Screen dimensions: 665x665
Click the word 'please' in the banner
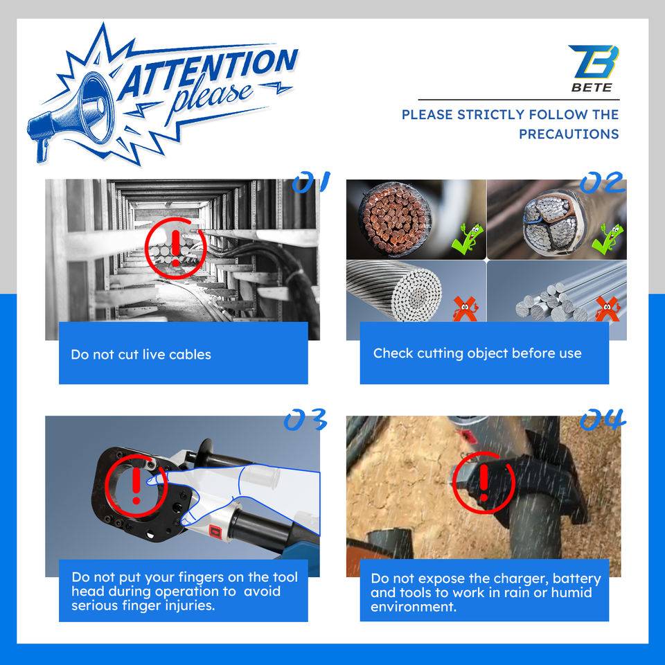[x=211, y=98]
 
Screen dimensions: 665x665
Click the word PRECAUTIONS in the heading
[x=569, y=134]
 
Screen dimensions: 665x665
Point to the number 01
[x=311, y=182]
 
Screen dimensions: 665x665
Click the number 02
[x=603, y=182]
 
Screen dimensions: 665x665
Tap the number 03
[x=305, y=420]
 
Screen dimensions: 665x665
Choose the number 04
[x=603, y=420]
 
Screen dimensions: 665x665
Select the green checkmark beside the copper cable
[x=468, y=240]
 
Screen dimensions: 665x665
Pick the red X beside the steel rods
[x=608, y=309]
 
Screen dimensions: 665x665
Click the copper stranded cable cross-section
[x=394, y=219]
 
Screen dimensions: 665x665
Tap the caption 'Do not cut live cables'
[x=141, y=355]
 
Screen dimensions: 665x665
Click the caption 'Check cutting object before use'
[x=477, y=353]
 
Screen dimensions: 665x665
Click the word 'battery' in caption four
[x=577, y=579]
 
